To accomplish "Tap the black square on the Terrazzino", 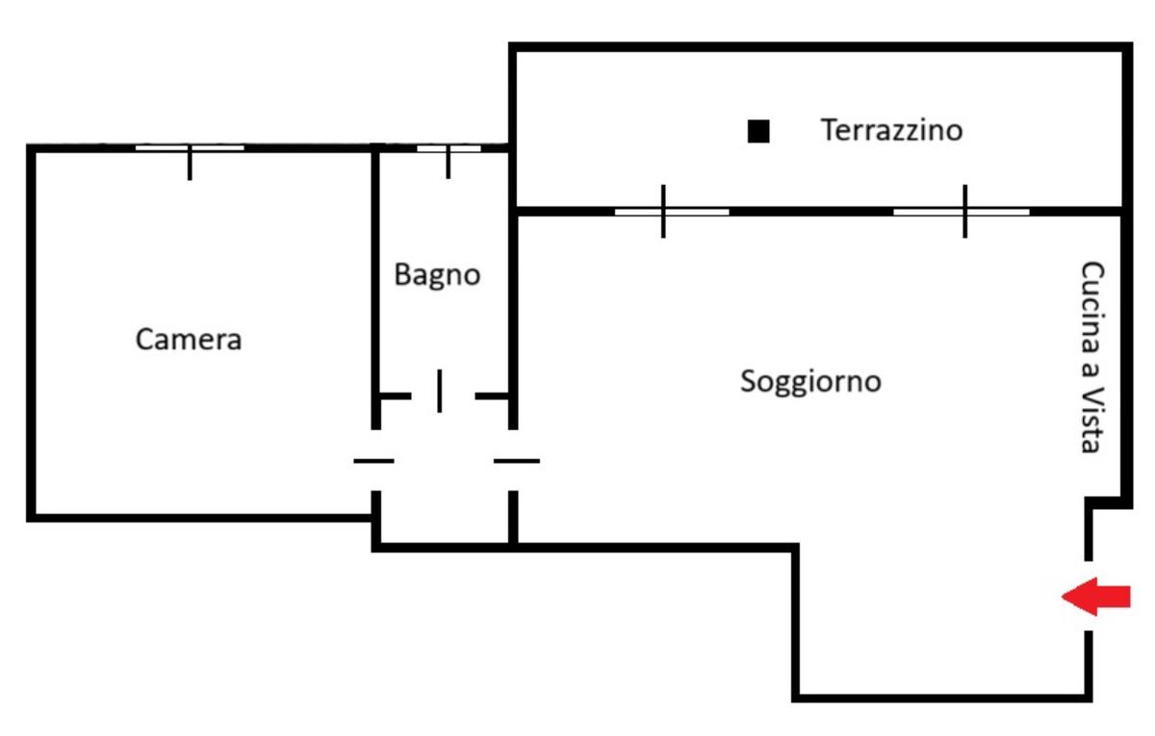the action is coord(758,132).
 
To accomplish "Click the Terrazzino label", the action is coord(890,129).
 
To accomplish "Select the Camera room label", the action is coord(189,340).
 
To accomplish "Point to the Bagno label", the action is coord(437,275).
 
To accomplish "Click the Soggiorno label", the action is coord(810,382).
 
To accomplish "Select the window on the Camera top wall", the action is coord(190,148).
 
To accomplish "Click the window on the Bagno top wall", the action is coord(449,148).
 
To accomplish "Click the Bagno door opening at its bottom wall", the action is coord(440,394).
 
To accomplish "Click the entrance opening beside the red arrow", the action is coord(1090,596).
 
